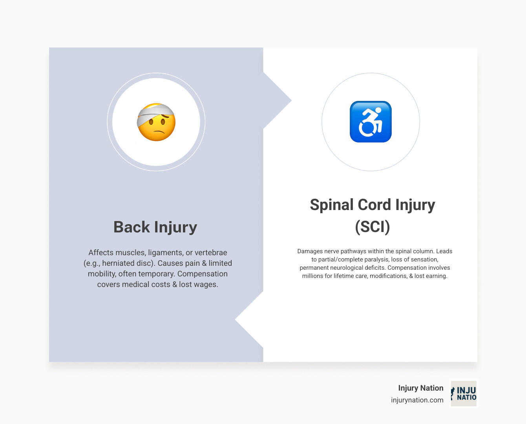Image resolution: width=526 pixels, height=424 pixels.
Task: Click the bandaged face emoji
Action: (x=156, y=122)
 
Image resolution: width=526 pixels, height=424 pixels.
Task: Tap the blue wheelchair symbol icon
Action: (x=371, y=122)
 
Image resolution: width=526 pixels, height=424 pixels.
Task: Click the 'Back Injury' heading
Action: (x=155, y=227)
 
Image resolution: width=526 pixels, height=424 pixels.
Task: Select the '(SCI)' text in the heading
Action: (x=372, y=227)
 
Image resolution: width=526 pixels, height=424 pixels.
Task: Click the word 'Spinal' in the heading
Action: (x=331, y=205)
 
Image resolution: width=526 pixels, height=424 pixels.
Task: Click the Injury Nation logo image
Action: (x=464, y=393)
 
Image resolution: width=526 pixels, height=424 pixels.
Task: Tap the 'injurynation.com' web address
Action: (x=417, y=400)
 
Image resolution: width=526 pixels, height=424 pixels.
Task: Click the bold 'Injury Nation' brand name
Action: (x=420, y=388)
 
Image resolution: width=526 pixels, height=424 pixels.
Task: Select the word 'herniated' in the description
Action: (x=119, y=263)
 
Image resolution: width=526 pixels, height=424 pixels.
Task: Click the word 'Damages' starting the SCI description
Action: (x=310, y=251)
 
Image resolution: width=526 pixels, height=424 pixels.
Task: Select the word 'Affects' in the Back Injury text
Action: (x=101, y=252)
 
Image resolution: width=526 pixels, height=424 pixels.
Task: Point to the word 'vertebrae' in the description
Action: (x=211, y=252)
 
